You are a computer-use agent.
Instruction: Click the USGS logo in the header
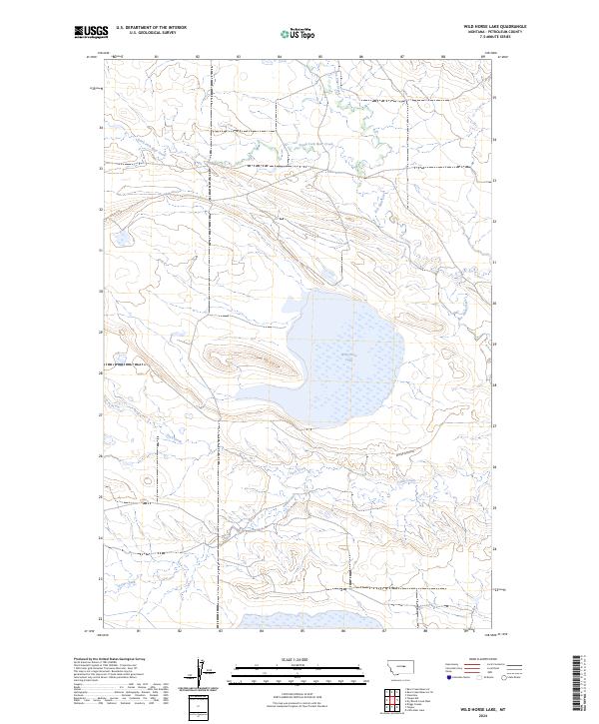tap(91, 32)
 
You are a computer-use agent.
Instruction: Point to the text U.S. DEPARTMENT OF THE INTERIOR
tap(151, 28)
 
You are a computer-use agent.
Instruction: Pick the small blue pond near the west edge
tap(120, 241)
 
